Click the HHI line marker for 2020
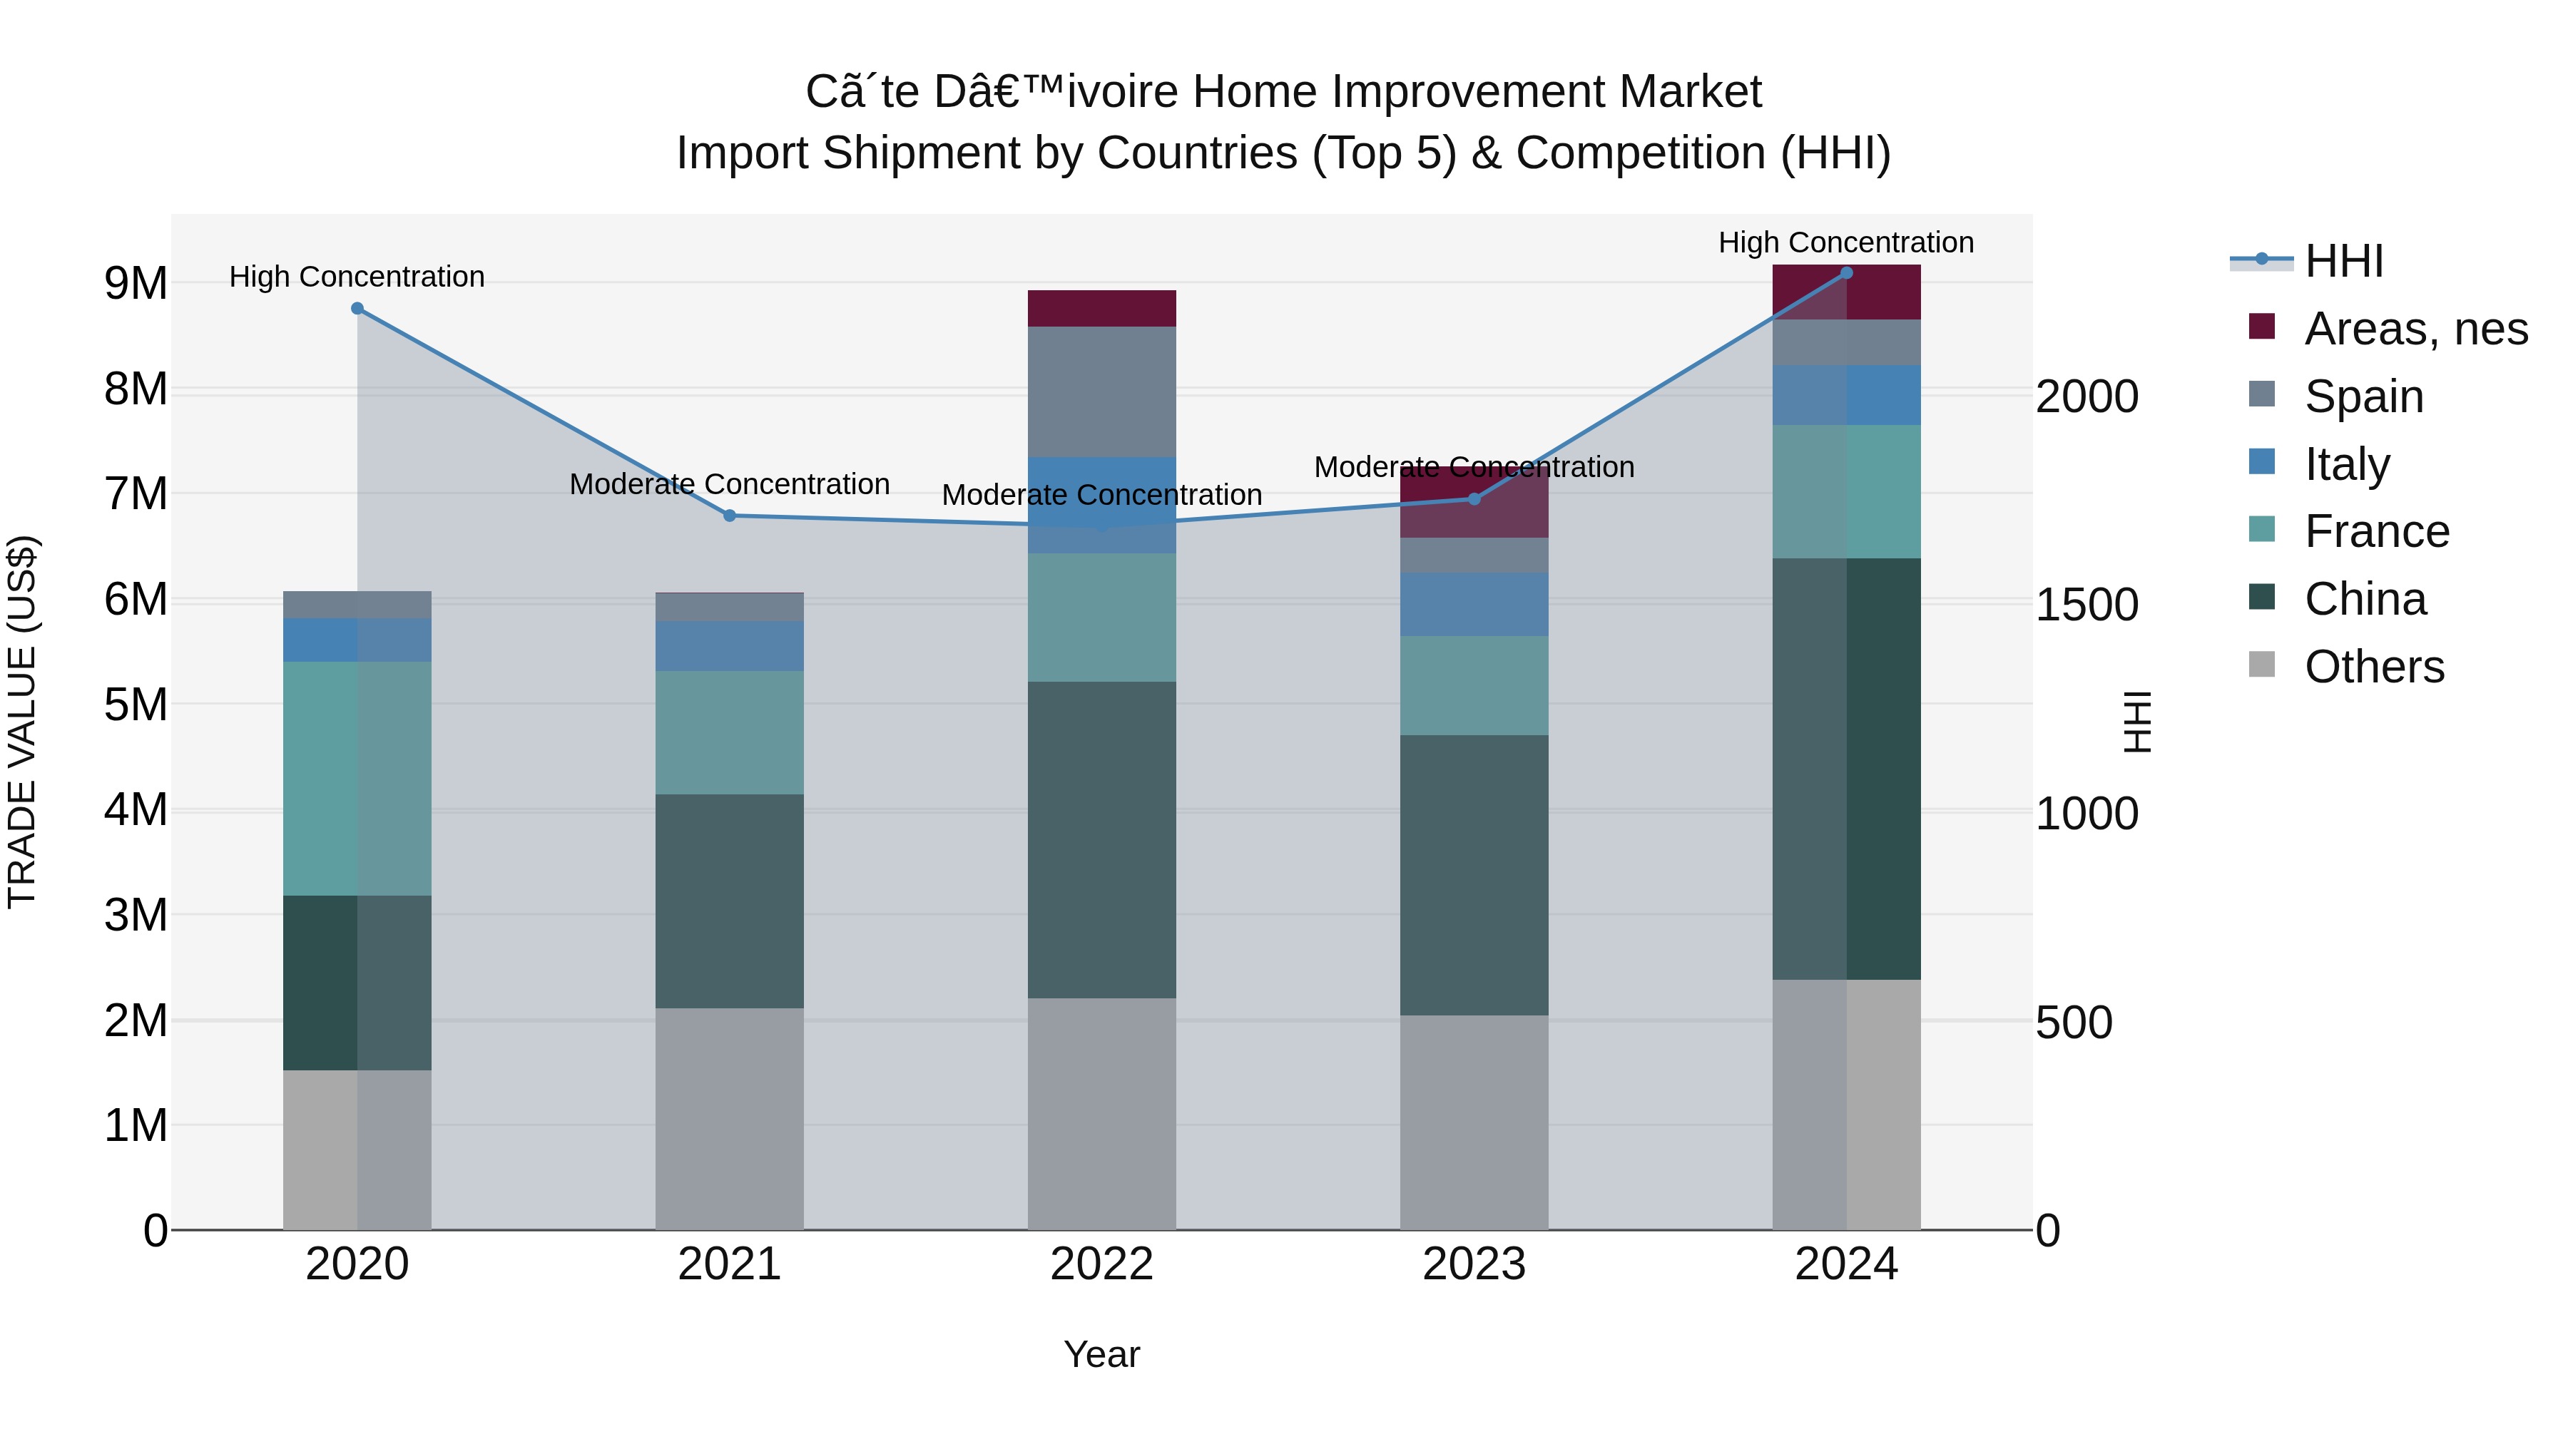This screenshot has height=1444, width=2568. pos(357,308)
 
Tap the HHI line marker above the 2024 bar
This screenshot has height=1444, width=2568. pos(1846,272)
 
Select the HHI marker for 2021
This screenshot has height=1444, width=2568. pos(730,516)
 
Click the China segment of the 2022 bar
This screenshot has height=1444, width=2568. pos(1101,839)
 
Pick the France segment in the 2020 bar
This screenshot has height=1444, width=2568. pos(357,777)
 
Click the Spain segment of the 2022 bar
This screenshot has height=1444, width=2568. pos(1101,391)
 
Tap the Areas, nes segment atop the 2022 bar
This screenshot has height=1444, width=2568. pos(1101,308)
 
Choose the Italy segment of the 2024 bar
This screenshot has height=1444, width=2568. pos(1846,394)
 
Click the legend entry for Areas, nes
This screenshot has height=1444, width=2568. pos(2415,329)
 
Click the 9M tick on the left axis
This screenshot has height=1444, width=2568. pos(136,284)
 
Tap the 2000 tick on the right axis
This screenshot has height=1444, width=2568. pos(2086,396)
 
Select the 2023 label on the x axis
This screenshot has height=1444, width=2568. pos(1474,1264)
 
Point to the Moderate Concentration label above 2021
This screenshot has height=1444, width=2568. pos(730,484)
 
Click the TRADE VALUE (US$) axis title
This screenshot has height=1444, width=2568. pos(22,722)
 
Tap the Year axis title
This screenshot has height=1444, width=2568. pos(1101,1354)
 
